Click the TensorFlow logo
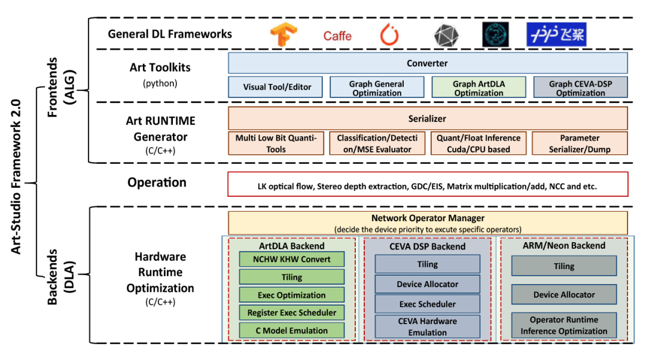coord(283,35)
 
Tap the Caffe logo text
coord(337,36)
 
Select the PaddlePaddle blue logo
coord(556,35)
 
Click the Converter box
coord(427,63)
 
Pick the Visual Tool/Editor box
coord(277,87)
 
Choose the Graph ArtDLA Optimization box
coord(479,88)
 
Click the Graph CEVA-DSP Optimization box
coord(580,88)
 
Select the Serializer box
coord(427,118)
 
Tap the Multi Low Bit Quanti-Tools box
coord(276,144)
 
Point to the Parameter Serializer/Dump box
coord(580,144)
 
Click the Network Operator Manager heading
coord(427,218)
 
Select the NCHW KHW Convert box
coord(292,260)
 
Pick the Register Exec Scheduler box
coord(292,312)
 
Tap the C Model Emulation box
coord(292,330)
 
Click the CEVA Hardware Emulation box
coord(427,327)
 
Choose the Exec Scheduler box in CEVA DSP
coord(427,304)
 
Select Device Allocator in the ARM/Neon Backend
coord(563,294)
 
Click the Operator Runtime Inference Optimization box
coord(563,325)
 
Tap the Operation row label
coord(157,183)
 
